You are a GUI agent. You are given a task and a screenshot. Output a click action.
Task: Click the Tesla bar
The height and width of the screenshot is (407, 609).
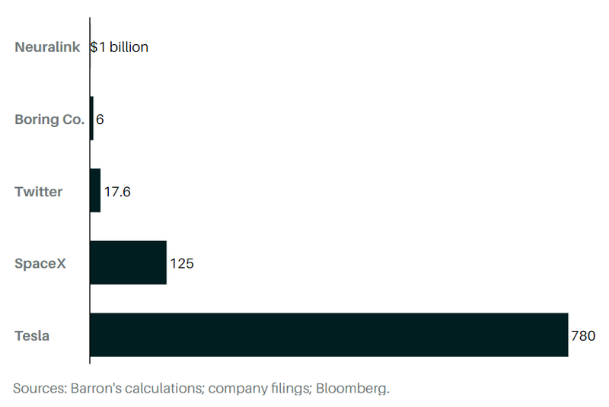329,335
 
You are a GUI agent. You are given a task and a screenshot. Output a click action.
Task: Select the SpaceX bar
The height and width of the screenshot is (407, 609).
128,263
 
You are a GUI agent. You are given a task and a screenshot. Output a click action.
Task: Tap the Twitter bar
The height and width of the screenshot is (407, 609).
95,191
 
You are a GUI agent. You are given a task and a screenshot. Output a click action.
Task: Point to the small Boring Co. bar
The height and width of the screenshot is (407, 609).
91,119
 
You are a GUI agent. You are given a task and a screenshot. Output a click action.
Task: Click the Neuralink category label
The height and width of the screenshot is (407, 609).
48,47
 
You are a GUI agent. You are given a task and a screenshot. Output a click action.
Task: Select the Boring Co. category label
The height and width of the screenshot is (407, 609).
49,119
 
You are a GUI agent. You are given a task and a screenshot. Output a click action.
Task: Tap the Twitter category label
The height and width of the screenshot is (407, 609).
39,192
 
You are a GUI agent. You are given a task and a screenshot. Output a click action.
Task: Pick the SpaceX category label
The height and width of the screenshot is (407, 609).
41,264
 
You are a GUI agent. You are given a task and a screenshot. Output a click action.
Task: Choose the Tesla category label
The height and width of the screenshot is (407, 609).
32,335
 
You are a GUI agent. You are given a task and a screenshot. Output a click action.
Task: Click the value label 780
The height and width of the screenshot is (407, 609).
582,335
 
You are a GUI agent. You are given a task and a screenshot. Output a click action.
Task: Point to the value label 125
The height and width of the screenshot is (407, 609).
182,264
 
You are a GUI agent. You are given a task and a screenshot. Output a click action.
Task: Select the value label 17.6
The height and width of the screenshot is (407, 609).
117,192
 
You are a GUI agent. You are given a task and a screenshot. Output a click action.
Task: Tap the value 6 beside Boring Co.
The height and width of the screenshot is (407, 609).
100,119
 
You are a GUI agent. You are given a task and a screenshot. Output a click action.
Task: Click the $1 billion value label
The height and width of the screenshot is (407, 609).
120,47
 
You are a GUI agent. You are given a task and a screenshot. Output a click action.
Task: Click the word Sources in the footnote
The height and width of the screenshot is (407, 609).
39,388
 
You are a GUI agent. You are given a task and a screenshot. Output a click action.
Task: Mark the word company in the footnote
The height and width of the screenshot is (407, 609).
235,388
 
